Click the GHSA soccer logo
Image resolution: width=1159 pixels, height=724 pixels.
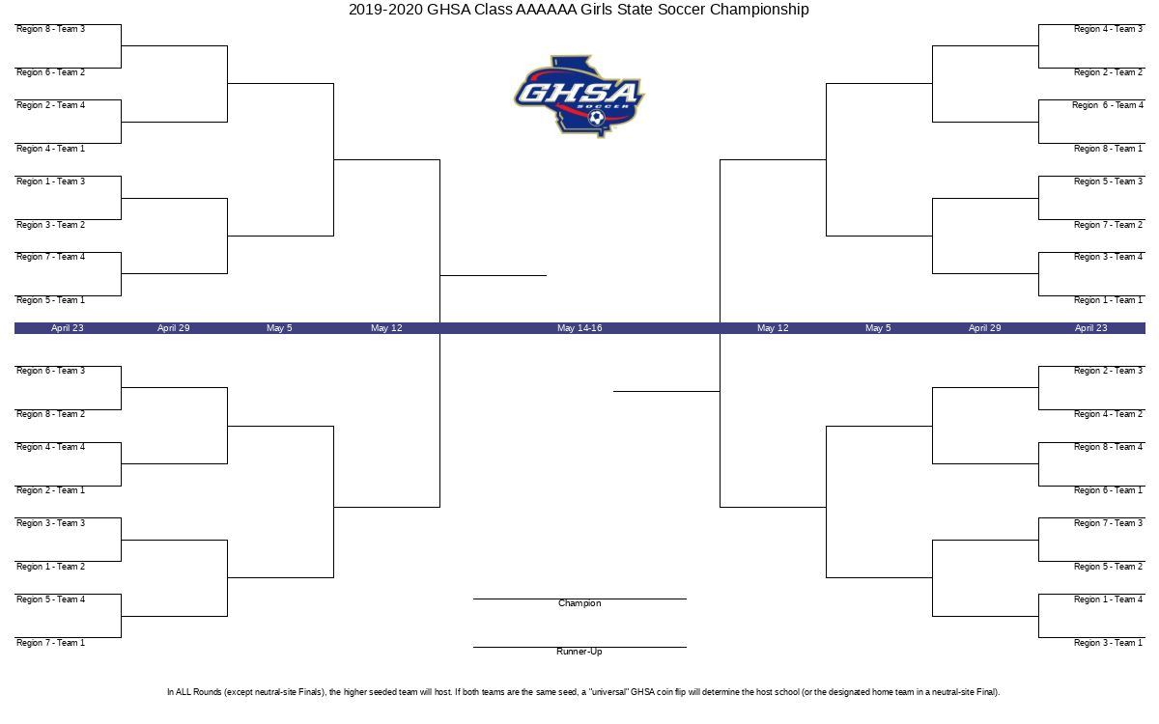click(x=579, y=97)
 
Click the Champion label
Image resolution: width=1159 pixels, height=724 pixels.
click(x=579, y=603)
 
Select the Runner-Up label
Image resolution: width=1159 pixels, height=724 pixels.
click(x=579, y=652)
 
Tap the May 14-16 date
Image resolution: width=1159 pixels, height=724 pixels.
click(x=579, y=328)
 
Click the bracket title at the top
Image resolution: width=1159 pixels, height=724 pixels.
click(x=579, y=10)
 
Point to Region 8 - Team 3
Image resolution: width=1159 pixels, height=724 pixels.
click(x=50, y=29)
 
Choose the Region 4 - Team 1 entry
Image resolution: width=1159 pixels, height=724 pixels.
click(x=50, y=149)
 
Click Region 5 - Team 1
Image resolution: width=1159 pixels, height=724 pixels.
click(x=50, y=300)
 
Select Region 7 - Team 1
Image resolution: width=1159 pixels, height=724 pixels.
click(x=50, y=643)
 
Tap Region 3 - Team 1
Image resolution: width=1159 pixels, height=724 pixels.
click(x=1108, y=643)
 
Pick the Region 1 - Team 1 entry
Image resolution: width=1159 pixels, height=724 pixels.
click(x=1108, y=300)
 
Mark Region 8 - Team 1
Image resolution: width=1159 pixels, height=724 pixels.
click(x=1108, y=149)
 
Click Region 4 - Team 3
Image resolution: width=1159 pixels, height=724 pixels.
click(x=1108, y=29)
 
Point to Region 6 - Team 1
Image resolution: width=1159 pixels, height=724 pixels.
click(x=1108, y=490)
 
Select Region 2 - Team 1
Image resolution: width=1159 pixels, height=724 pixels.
click(x=50, y=490)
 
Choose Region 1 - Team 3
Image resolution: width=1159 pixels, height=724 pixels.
click(x=50, y=181)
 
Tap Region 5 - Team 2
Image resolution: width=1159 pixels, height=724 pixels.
click(x=1108, y=567)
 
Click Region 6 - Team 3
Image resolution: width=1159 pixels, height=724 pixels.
click(x=50, y=371)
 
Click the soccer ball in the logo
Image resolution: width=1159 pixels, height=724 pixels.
click(x=597, y=118)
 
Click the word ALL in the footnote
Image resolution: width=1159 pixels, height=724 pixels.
click(x=184, y=692)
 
